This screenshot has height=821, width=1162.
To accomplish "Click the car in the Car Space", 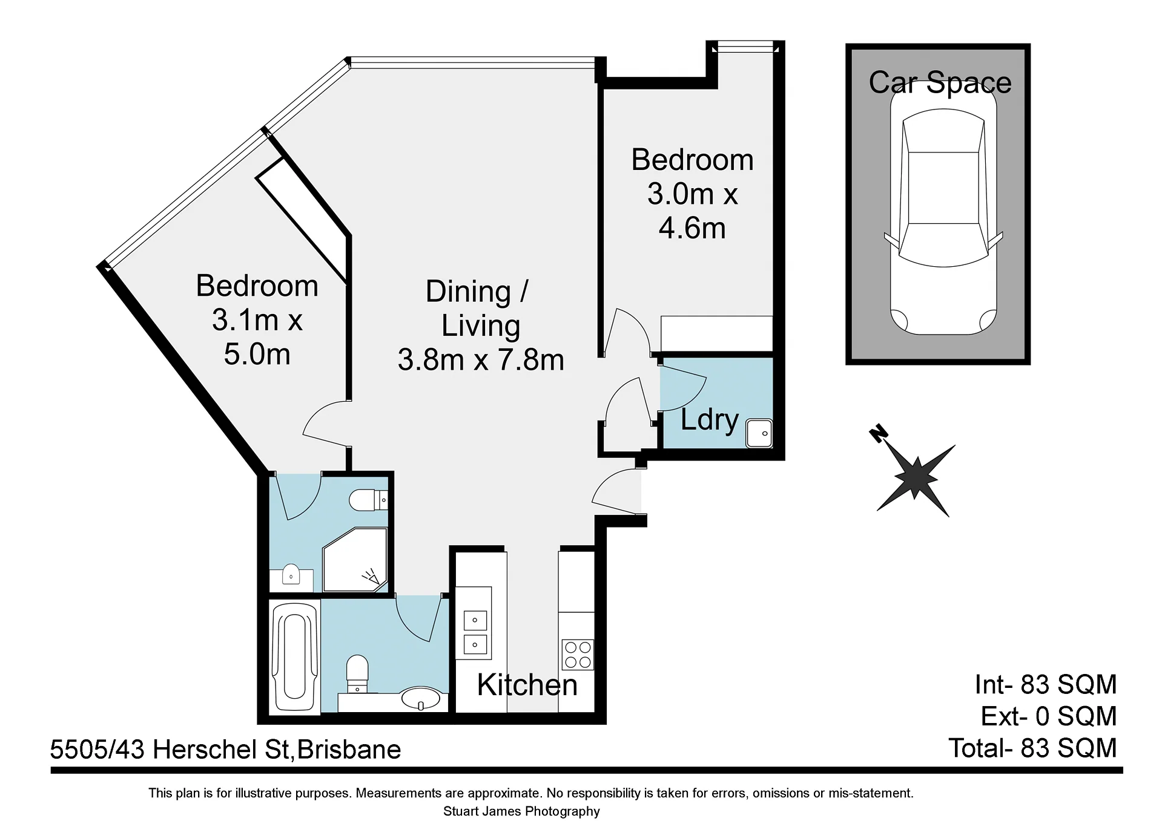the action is pos(943,208).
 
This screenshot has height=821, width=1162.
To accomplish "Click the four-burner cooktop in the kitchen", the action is pos(578,655).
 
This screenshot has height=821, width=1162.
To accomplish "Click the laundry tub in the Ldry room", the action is pos(759,433).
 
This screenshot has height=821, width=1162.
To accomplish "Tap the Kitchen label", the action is pos(527,685).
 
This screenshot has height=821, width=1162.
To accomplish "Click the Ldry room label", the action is pos(710,420).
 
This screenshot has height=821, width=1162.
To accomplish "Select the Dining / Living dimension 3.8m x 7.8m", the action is pos(481,360).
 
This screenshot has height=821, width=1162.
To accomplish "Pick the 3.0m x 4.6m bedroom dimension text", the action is pos(693,211).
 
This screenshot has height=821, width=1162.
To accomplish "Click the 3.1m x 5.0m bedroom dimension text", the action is pos(257,337).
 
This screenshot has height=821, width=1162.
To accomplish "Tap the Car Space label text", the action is pos(940,83).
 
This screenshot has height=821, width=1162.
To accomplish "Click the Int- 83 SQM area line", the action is pos(1046,684).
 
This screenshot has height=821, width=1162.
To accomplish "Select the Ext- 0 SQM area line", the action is pos(1049,716).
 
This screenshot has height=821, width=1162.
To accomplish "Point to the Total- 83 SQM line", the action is pos(1032,748).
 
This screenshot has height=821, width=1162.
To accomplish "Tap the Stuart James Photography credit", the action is pos(521,811).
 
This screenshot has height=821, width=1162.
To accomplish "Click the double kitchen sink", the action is pos(475,633).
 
